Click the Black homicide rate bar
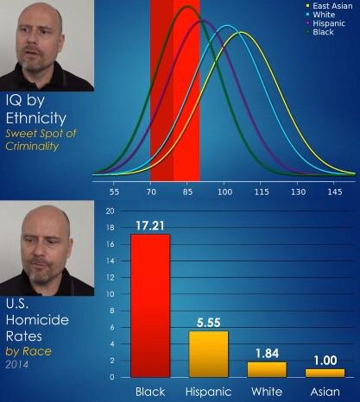pos(150,305)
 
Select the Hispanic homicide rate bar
pos(208,354)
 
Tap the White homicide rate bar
pos(267,369)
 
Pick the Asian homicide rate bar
pos(325,373)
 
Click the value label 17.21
pos(150,226)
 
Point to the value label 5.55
pos(209,323)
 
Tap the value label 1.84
pos(267,354)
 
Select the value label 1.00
pos(325,361)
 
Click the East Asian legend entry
pos(329,6)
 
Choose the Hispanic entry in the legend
pos(325,23)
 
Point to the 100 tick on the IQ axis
pos(224,192)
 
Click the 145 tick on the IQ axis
pos(335,192)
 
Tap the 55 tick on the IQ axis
pos(114,192)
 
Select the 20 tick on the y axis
pos(110,211)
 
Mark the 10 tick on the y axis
pos(110,294)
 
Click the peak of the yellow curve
pos(240,32)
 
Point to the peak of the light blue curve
pos(227,26)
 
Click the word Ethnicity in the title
pos(36,119)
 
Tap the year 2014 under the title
pos(17,365)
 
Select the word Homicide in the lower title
pos(37,320)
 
